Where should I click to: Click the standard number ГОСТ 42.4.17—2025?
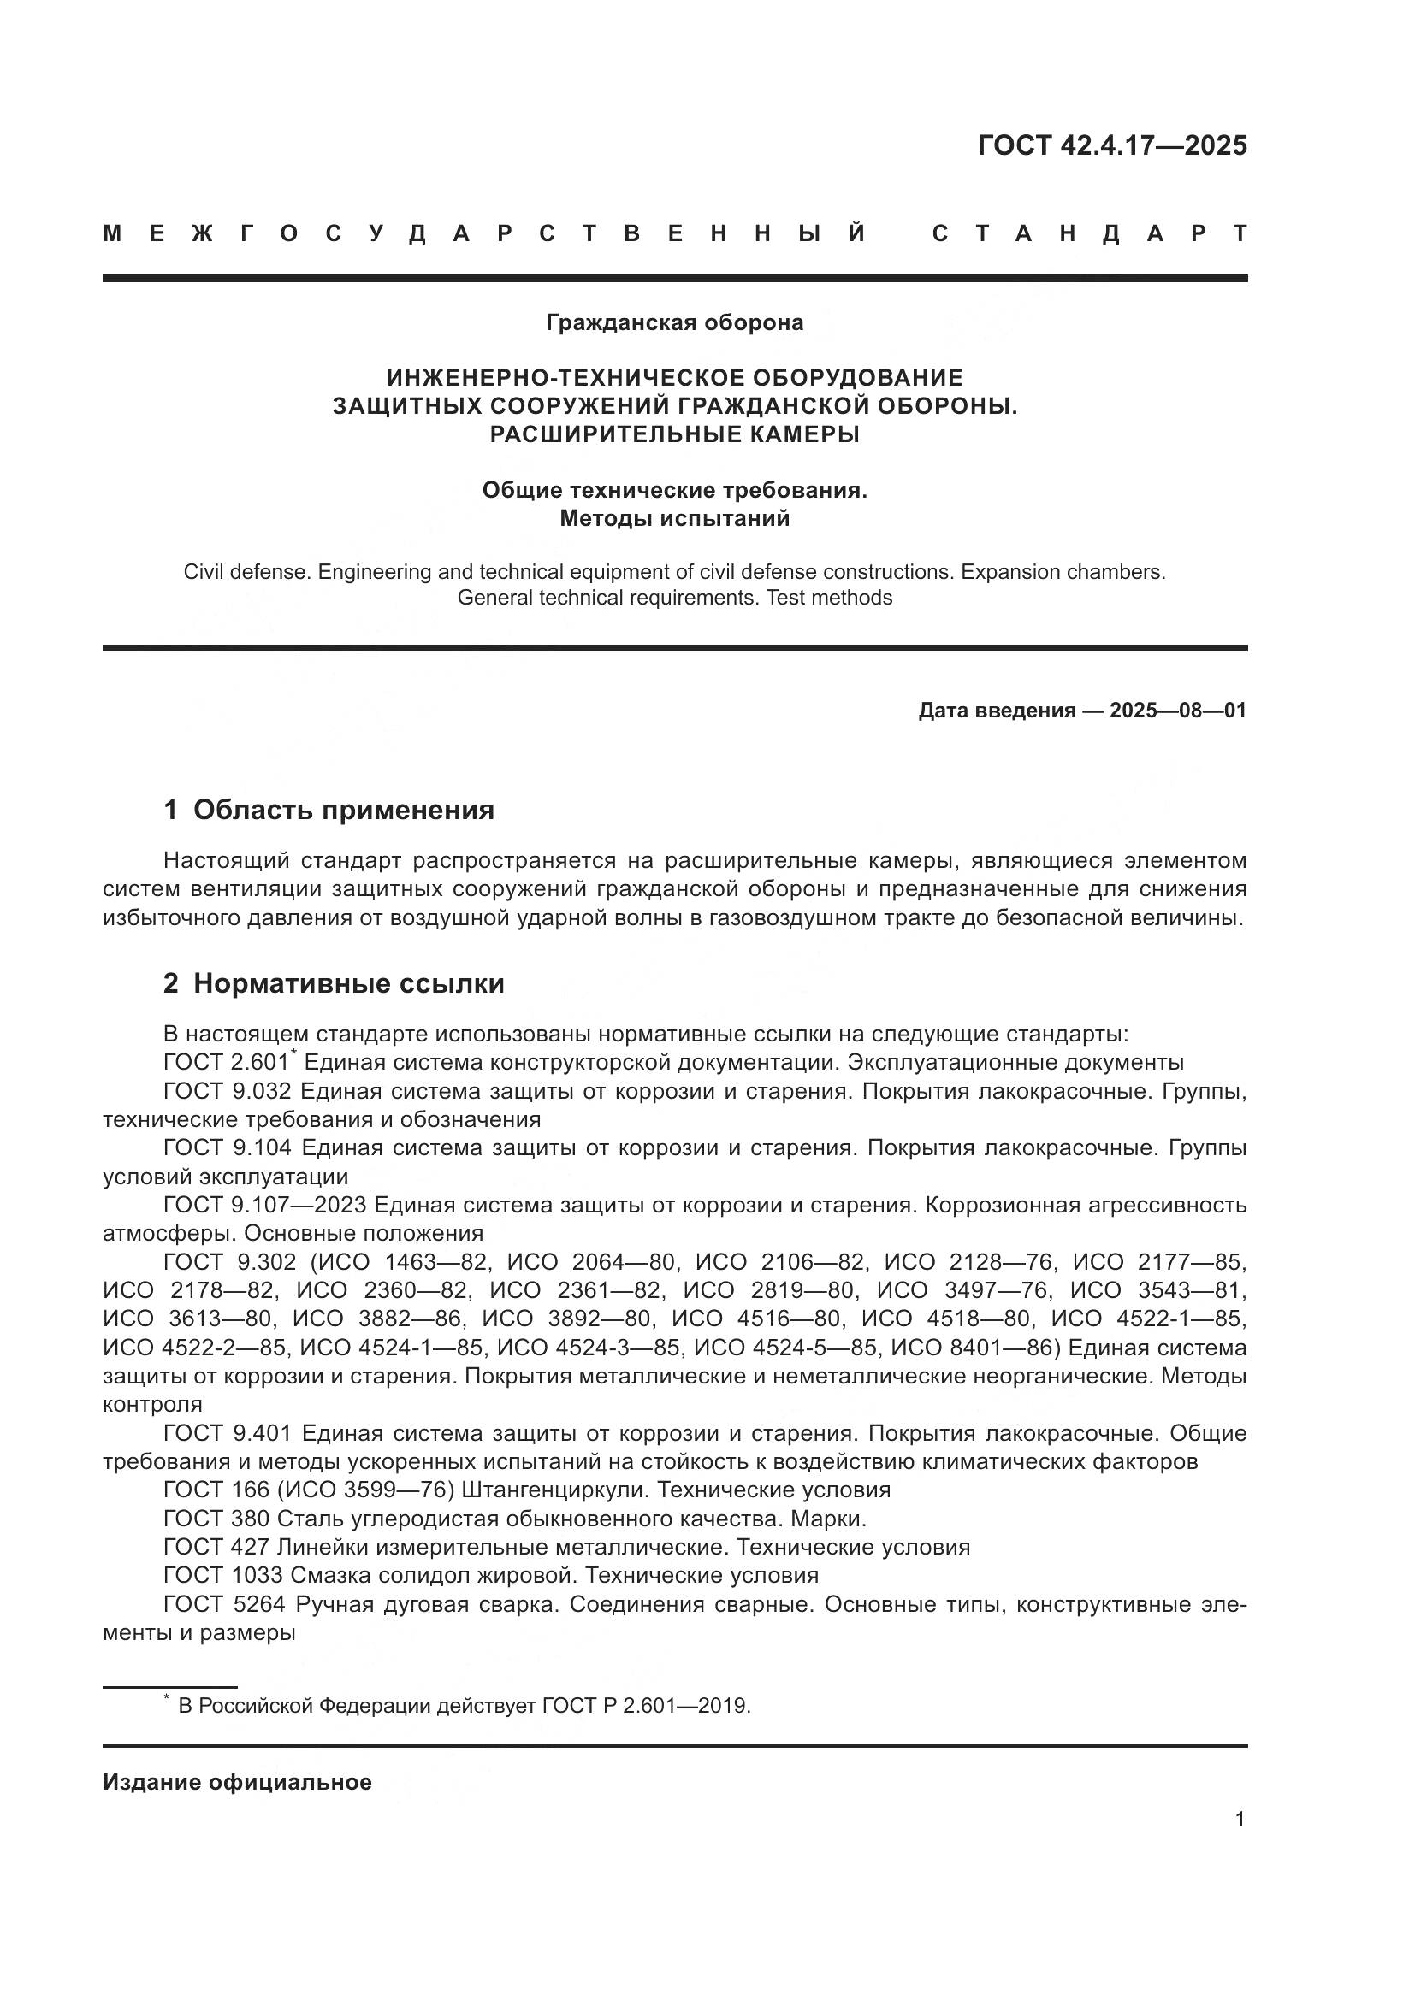(1112, 145)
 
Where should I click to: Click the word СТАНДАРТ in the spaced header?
(1089, 234)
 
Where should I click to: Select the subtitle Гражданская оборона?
(674, 323)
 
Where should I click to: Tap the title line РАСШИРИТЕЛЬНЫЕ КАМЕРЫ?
(674, 434)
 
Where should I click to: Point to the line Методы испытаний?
(674, 519)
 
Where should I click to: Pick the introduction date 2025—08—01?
(1177, 711)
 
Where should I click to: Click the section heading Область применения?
(343, 810)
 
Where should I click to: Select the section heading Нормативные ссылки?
(348, 984)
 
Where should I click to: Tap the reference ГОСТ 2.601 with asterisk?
(228, 1064)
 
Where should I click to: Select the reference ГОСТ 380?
(216, 1519)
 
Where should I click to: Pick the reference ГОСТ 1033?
(222, 1576)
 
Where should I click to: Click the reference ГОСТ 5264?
(224, 1604)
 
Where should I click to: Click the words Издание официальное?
(237, 1782)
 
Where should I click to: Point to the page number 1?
(1240, 1820)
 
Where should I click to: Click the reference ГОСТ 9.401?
(227, 1434)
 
